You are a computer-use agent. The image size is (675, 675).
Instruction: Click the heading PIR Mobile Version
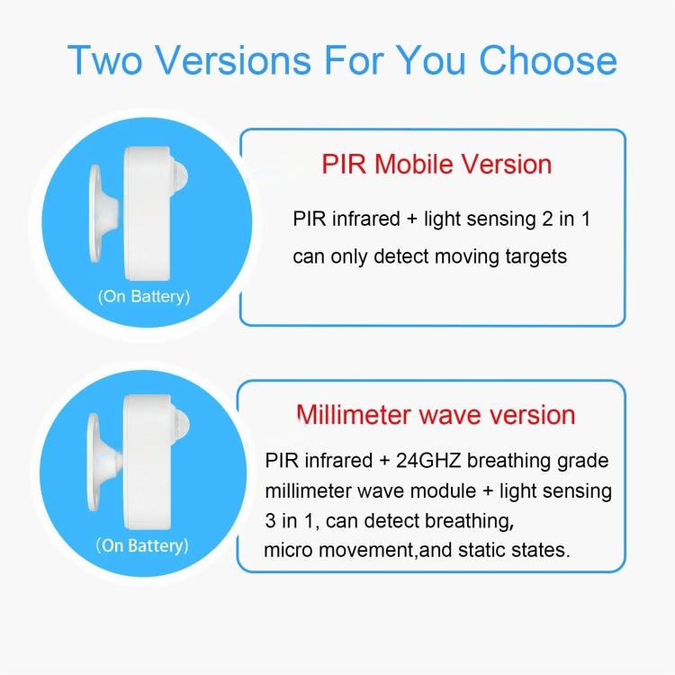click(x=436, y=165)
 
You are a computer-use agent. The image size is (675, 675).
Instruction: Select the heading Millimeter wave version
click(x=436, y=415)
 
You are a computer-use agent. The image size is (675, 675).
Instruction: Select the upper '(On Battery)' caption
click(x=143, y=297)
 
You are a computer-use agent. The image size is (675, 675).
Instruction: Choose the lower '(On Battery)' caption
click(x=143, y=545)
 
